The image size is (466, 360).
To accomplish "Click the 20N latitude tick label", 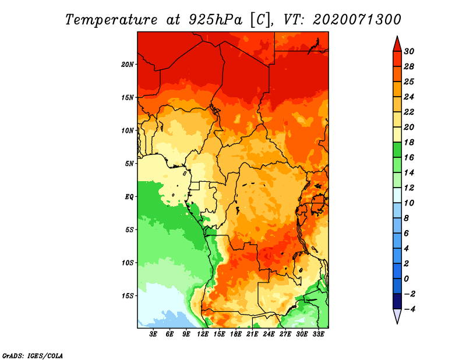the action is pyautogui.click(x=128, y=65).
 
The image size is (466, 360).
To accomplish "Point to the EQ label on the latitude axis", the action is pyautogui.click(x=129, y=197).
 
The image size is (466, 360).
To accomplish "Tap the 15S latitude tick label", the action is pyautogui.click(x=128, y=296).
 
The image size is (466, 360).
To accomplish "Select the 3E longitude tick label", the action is pyautogui.click(x=153, y=334).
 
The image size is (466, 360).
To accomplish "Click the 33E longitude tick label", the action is pyautogui.click(x=318, y=334).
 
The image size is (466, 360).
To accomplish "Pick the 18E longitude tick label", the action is pyautogui.click(x=236, y=334).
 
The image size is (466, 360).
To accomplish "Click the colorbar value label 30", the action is pyautogui.click(x=409, y=51).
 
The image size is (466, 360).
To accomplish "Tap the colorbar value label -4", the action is pyautogui.click(x=409, y=309).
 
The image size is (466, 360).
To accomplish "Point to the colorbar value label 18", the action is pyautogui.click(x=409, y=142).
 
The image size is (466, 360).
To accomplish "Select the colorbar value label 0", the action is pyautogui.click(x=406, y=278).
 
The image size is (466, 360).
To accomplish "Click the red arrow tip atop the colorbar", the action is pyautogui.click(x=397, y=37).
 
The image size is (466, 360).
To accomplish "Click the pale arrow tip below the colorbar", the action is pyautogui.click(x=397, y=323).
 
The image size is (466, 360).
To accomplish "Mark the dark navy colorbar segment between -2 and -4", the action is pyautogui.click(x=397, y=301).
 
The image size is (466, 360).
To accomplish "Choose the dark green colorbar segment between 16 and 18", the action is pyautogui.click(x=397, y=150).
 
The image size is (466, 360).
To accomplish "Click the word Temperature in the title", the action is pyautogui.click(x=111, y=20).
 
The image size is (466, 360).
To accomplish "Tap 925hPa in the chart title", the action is pyautogui.click(x=216, y=20).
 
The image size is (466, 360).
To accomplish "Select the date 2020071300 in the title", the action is pyautogui.click(x=357, y=20).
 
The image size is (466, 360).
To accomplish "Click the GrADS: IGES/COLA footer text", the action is pyautogui.click(x=33, y=355).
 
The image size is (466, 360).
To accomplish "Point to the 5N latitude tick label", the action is pyautogui.click(x=129, y=164).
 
